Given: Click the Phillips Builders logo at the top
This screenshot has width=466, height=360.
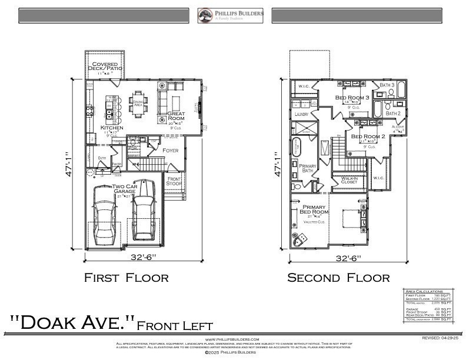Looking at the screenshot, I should point(231,15).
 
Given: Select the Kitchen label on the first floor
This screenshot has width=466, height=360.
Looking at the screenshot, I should point(111,128).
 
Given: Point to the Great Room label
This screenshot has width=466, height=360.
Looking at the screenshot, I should point(176,116).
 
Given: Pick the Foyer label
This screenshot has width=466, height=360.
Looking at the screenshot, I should point(171,151).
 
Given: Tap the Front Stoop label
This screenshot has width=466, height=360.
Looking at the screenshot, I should point(174,181).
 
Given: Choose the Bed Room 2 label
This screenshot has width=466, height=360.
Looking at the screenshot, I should point(368,136).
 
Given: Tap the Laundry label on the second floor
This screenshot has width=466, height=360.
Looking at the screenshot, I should point(301,114).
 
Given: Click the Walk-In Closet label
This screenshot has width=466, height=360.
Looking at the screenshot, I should point(349,180).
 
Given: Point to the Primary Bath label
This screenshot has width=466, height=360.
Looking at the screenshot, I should point(308,169).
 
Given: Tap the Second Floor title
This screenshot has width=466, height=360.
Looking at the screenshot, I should point(338,278).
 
